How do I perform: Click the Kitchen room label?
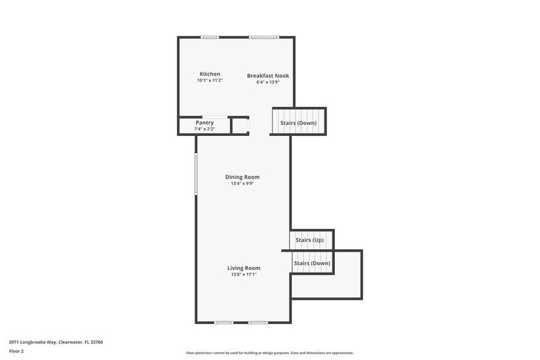pos(209,74)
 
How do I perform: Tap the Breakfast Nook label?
pos(268,76)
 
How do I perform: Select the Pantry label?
pos(204,122)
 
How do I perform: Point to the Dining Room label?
pos(242,177)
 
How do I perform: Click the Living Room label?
pos(244,268)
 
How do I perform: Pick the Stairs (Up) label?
pos(309,240)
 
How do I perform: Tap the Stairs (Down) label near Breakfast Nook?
pos(298,123)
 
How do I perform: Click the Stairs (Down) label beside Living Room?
pos(312,263)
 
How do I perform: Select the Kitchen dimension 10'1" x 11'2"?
pos(209,80)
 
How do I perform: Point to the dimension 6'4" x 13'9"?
pos(268,82)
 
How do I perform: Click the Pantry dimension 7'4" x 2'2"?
pos(204,129)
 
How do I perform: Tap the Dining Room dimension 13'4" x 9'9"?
pos(242,183)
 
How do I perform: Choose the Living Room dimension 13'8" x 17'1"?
pos(244,274)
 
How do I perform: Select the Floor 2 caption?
pos(17,351)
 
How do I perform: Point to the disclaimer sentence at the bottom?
pos(269,353)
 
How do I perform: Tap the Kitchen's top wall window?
pos(209,37)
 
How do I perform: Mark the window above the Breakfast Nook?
pos(264,37)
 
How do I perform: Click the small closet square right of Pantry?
pos(239,126)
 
